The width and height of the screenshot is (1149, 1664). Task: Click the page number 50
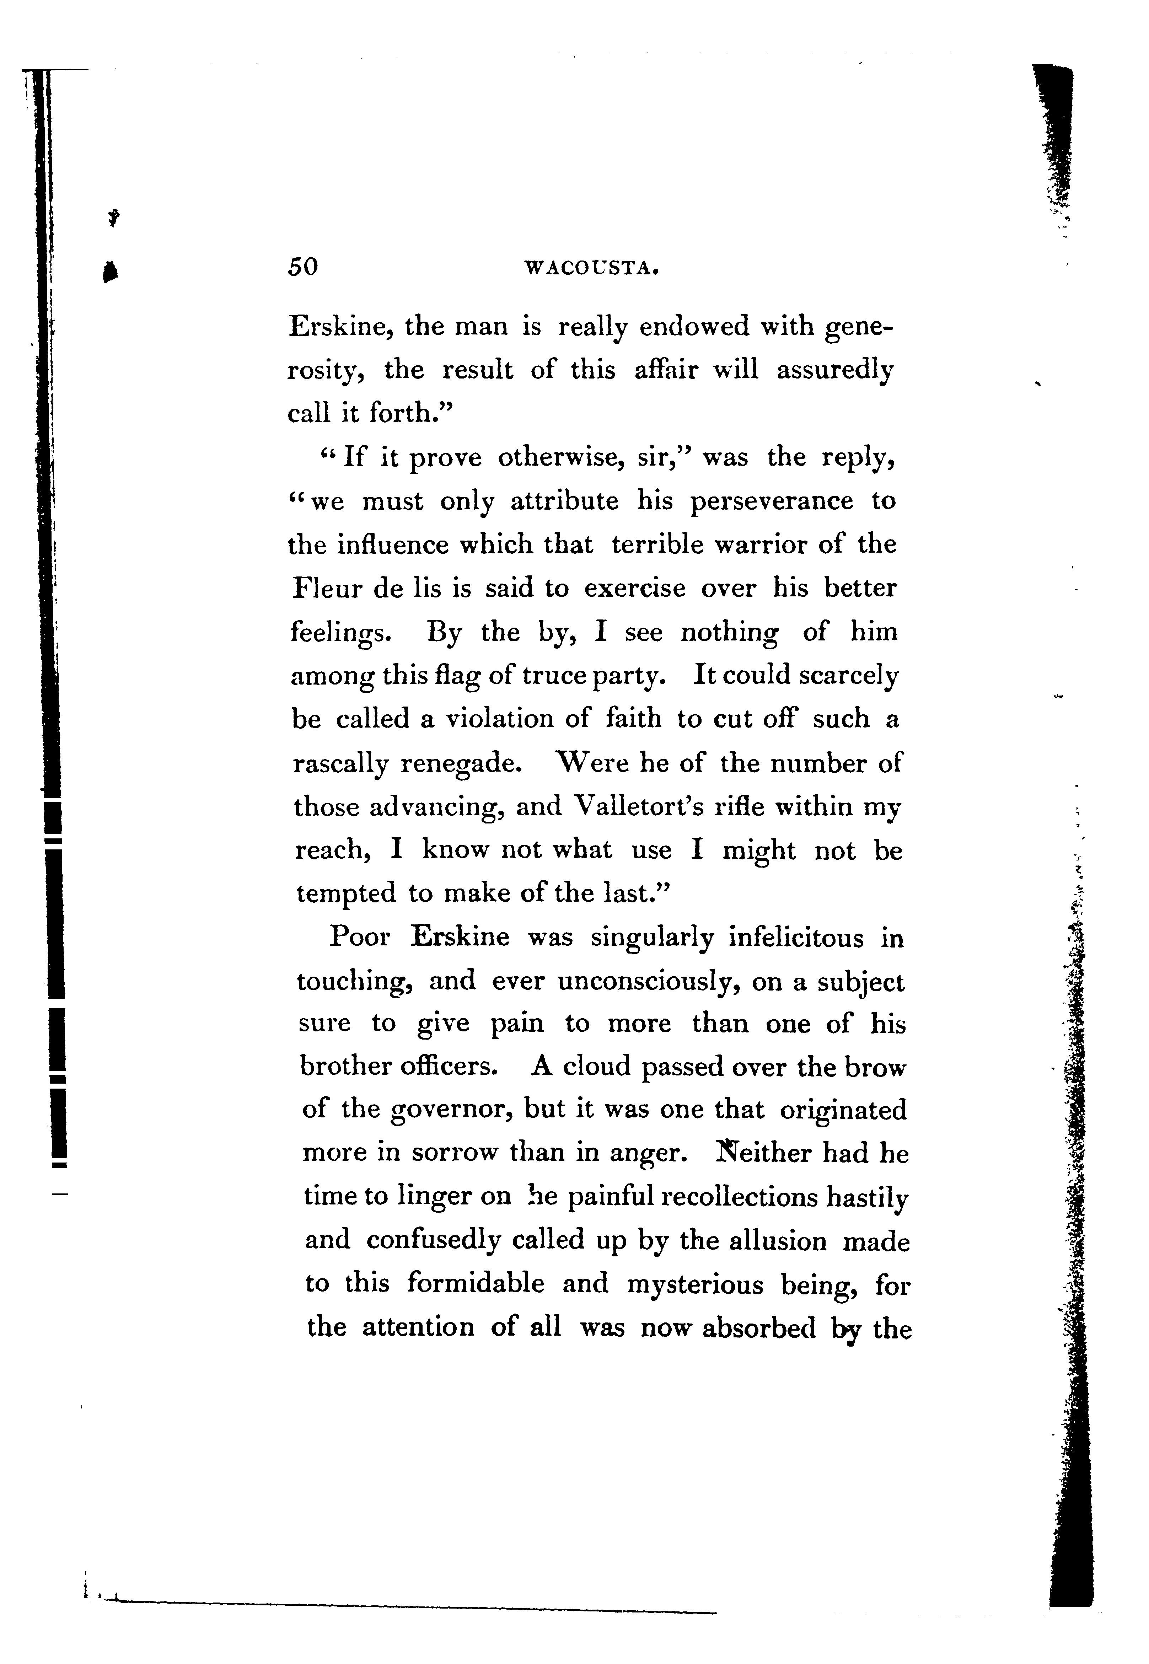[x=302, y=267]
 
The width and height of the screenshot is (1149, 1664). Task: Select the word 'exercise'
[x=634, y=589]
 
